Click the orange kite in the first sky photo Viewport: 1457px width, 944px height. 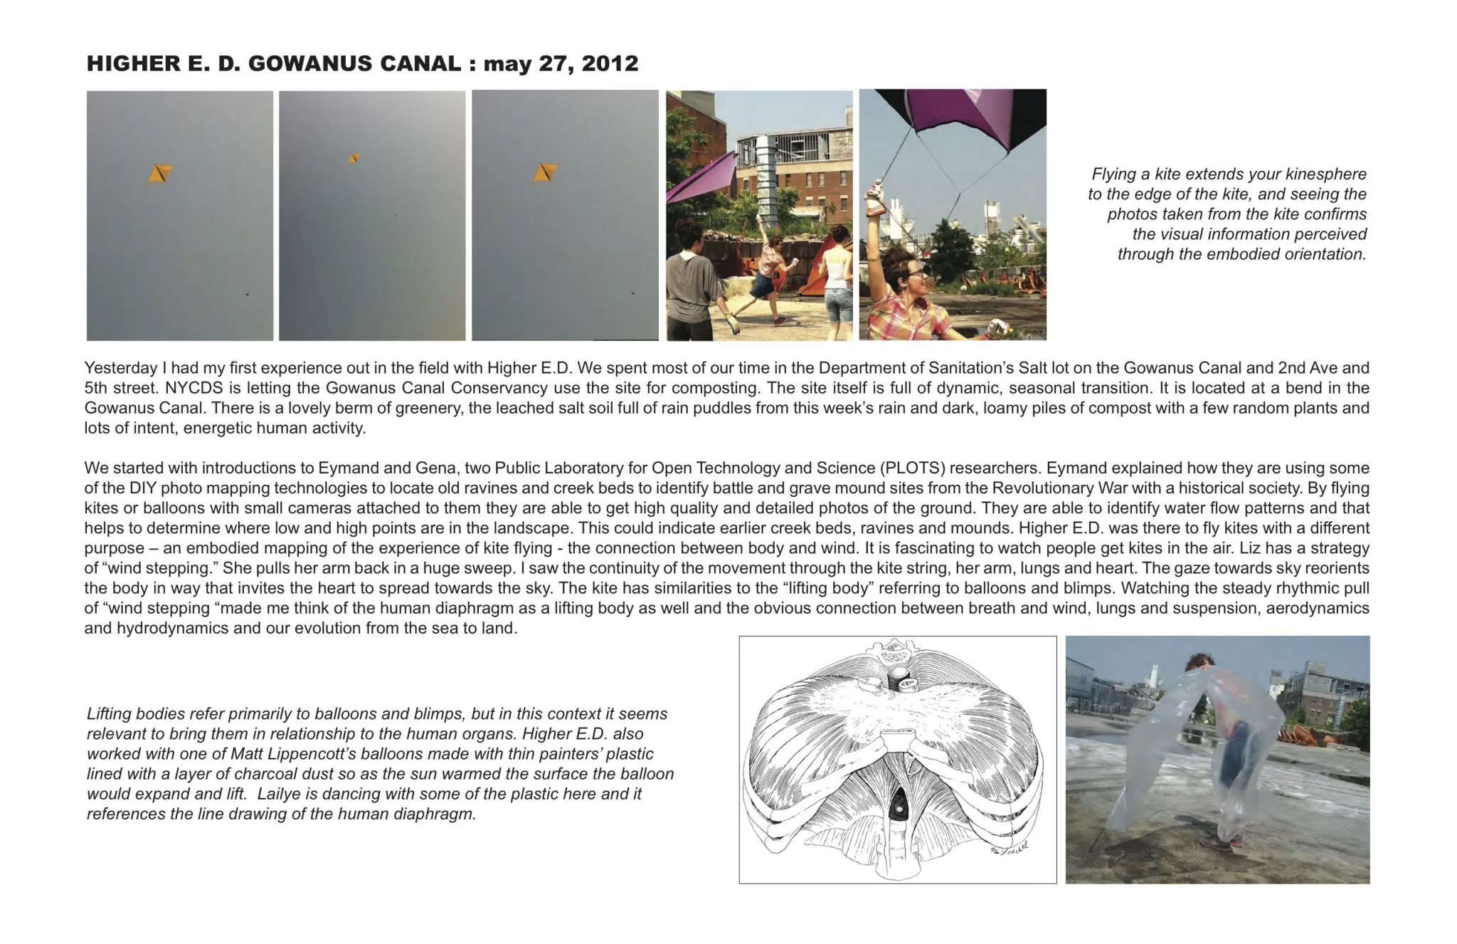pos(160,173)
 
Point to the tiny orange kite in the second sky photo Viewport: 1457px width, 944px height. pos(354,158)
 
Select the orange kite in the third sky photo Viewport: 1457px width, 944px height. pos(546,172)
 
